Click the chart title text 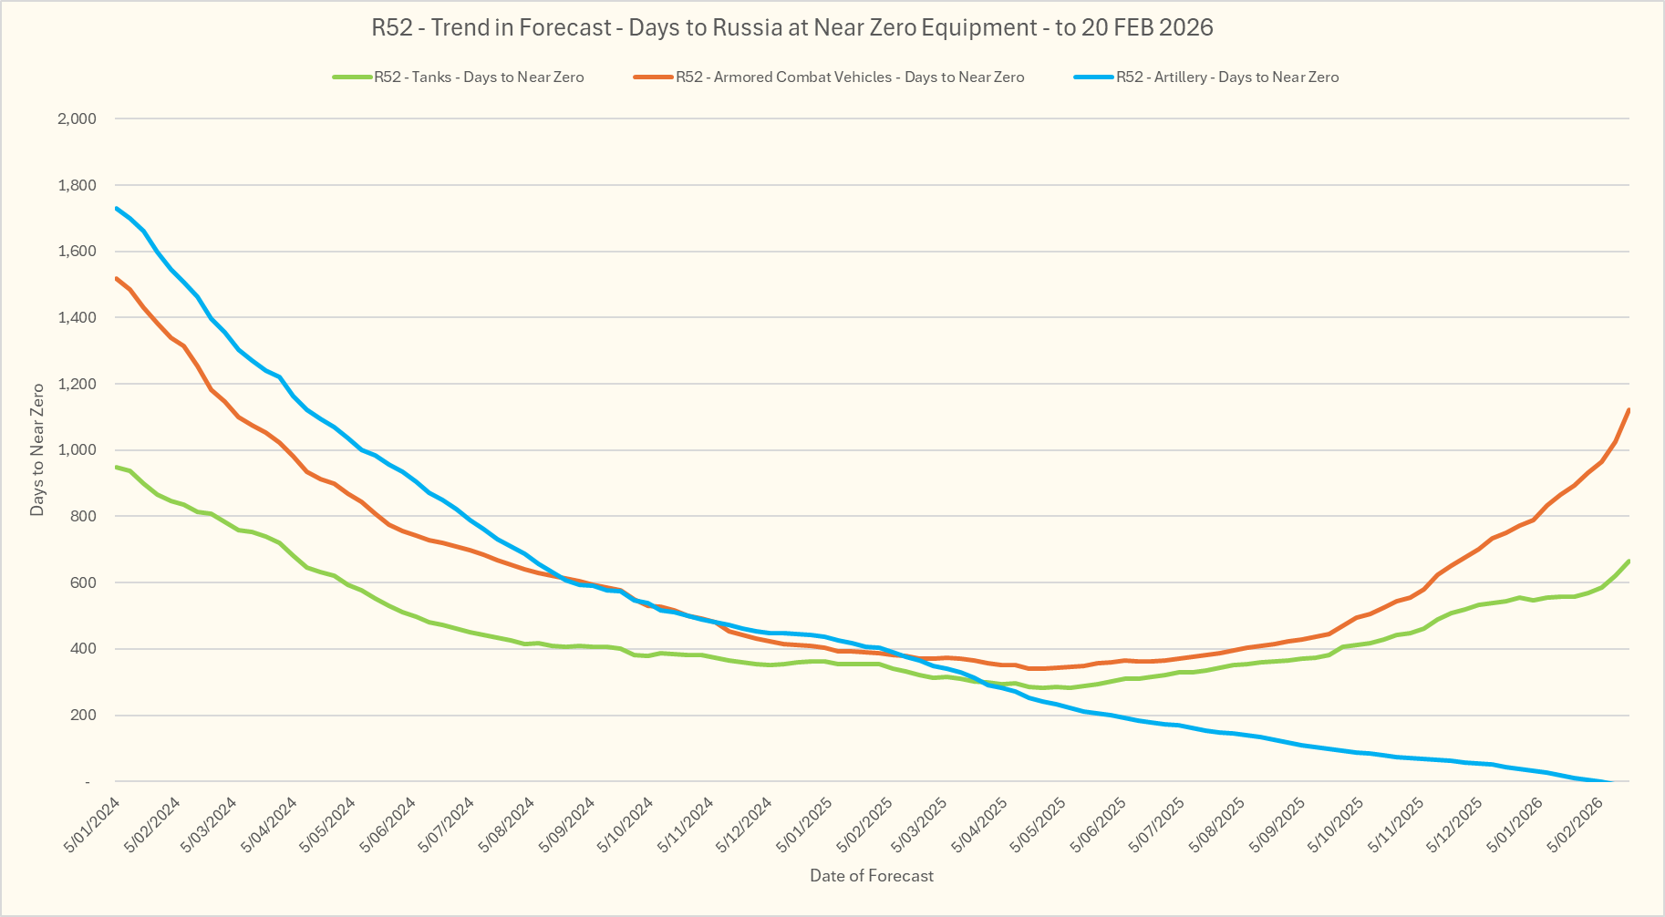point(791,27)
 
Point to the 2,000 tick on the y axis point(77,118)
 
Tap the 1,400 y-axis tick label point(77,317)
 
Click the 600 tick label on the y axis point(84,582)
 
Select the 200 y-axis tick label point(84,716)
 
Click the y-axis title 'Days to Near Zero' point(37,449)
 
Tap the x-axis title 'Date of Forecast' point(872,876)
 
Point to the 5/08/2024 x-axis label point(507,824)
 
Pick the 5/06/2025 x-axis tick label point(1099,824)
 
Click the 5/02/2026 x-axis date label point(1576,824)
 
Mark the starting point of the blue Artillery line point(117,208)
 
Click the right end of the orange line point(1629,410)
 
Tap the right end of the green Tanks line point(1629,562)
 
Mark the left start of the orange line point(117,278)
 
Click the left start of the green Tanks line point(117,467)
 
